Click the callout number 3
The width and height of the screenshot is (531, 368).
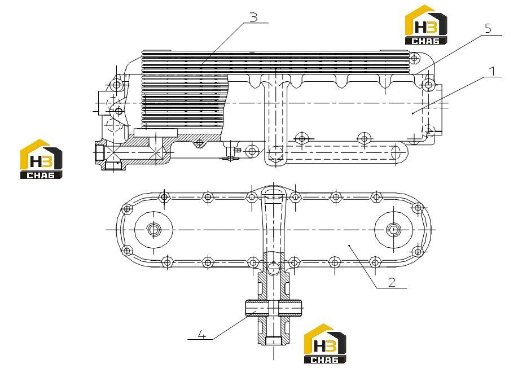pos(253,17)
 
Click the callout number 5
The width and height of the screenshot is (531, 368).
pos(488,28)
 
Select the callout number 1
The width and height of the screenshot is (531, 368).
pos(493,72)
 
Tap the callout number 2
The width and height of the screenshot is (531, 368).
pos(392,282)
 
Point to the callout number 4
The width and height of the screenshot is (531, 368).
pos(202,335)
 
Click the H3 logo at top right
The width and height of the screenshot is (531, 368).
pos(426,25)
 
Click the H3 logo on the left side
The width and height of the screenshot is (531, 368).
pos(41,159)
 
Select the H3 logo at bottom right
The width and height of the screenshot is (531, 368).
pos(325,344)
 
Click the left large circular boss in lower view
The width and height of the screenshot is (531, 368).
pos(153,230)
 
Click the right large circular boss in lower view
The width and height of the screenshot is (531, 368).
pos(394,230)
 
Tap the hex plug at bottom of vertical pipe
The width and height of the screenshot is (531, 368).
pos(273,340)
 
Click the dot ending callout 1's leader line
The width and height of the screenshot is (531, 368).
pos(412,113)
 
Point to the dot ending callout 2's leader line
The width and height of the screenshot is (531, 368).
pos(349,244)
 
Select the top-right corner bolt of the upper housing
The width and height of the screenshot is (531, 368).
pos(428,84)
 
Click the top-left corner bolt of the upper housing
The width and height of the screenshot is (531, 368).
pos(117,84)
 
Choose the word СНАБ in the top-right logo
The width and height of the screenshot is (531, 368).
pos(425,41)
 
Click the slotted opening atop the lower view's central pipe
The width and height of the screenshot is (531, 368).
pos(274,194)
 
